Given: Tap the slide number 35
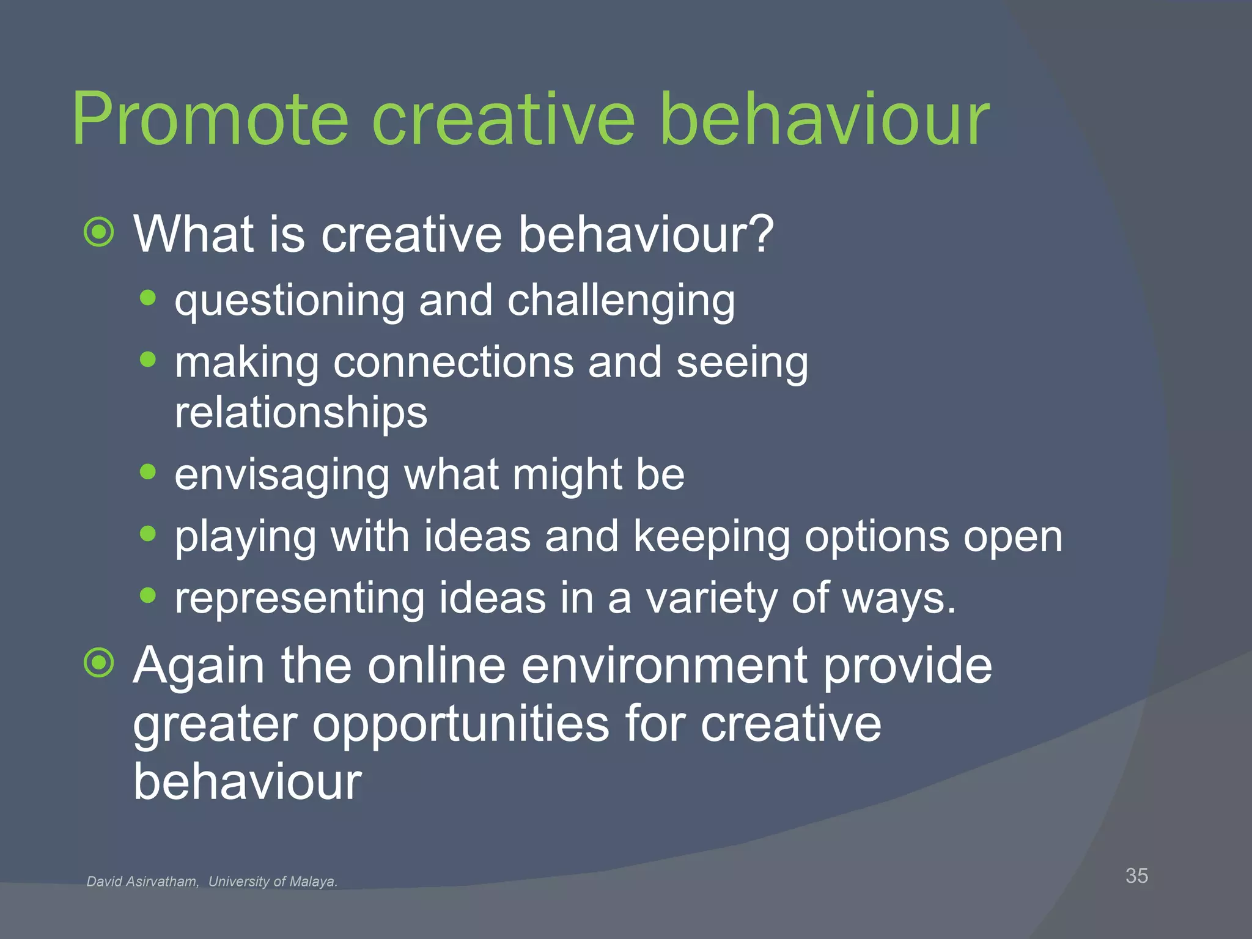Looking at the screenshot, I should tap(1136, 875).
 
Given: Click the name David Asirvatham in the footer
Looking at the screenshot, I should tap(142, 882).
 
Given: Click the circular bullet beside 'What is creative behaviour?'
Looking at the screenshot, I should tap(99, 232).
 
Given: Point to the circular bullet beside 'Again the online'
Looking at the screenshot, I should tap(99, 663).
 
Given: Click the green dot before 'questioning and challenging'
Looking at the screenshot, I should tap(147, 298).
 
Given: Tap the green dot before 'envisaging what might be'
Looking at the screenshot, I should tap(147, 471).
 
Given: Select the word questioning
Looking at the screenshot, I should tap(289, 301).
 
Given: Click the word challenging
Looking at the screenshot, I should tap(621, 301).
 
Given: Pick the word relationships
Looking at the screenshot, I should tap(301, 414).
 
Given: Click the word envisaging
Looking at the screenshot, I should tap(282, 476).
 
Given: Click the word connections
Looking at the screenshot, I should tap(453, 363).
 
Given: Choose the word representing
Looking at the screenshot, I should tap(299, 599).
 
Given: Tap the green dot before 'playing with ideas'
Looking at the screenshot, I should tap(147, 534).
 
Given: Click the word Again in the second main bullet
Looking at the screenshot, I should tap(199, 666).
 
